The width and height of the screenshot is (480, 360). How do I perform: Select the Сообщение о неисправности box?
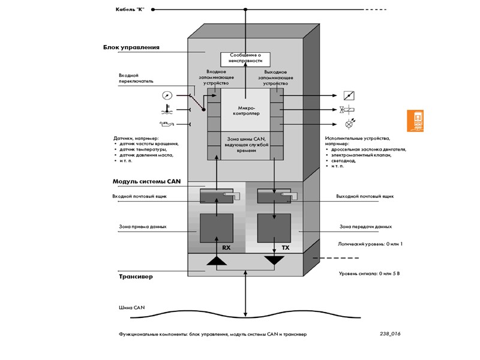(246, 58)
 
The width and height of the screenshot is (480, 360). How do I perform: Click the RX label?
(226, 247)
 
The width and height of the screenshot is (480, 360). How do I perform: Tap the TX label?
(285, 247)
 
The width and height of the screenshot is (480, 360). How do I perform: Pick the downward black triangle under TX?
(275, 260)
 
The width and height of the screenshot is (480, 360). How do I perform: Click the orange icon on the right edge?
(416, 121)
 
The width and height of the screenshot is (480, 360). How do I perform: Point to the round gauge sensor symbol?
(166, 95)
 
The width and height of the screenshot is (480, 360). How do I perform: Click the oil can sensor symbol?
(164, 124)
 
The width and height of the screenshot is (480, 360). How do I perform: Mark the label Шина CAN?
(131, 308)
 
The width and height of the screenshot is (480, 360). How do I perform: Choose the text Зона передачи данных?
(365, 227)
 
